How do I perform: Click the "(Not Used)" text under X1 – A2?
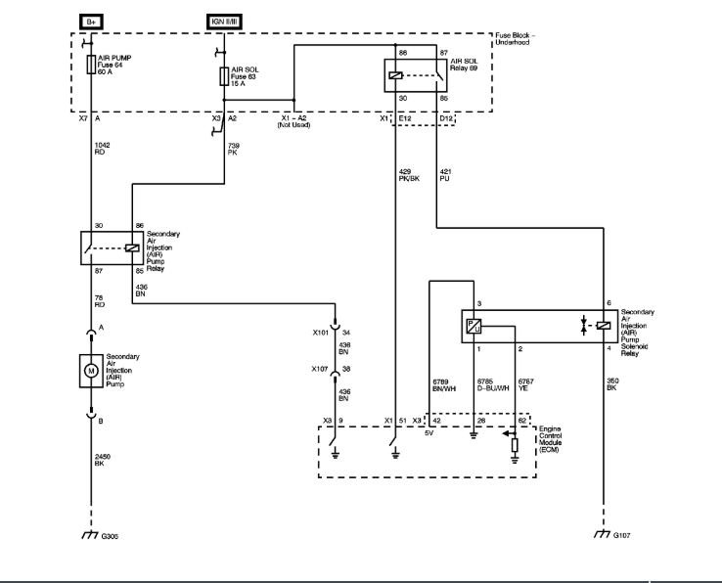pyautogui.click(x=293, y=124)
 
